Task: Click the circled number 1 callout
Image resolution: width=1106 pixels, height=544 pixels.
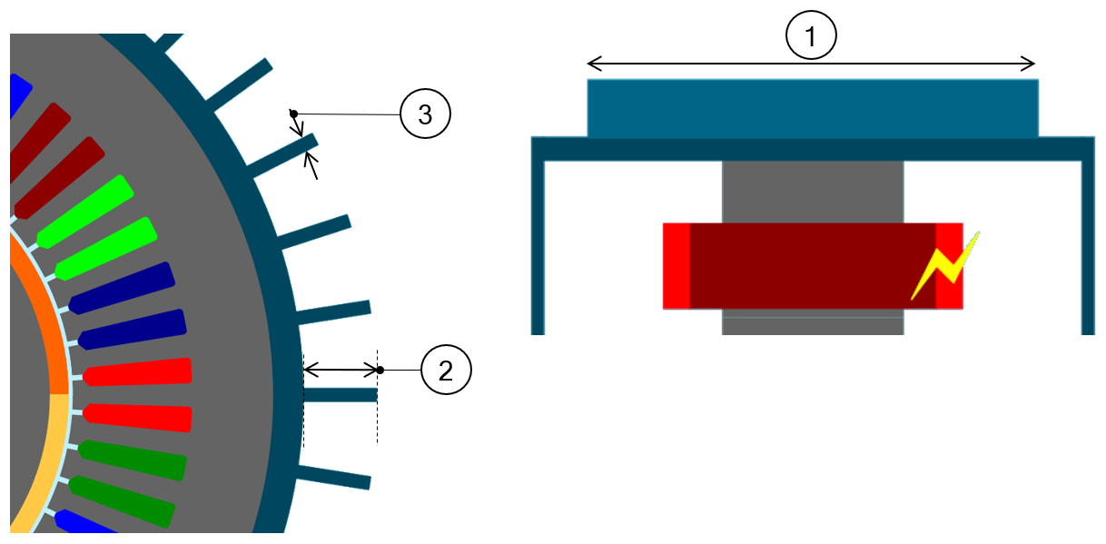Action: click(811, 38)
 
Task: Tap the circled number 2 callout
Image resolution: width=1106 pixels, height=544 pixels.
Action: click(446, 371)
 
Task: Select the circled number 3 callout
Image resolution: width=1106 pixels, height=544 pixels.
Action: click(424, 114)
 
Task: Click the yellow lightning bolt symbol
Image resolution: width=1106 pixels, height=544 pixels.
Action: click(945, 266)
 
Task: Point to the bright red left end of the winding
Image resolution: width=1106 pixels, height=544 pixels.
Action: click(676, 266)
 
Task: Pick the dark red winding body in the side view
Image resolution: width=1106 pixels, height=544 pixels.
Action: click(813, 266)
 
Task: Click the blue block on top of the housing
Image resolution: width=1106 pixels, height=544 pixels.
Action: click(813, 108)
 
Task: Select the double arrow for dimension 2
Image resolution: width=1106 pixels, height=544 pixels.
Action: click(341, 370)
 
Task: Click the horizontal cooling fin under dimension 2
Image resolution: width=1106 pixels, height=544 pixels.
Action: click(341, 395)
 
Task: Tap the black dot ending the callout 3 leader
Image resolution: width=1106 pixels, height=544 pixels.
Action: click(293, 114)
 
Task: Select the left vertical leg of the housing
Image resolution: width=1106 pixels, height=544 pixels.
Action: click(538, 245)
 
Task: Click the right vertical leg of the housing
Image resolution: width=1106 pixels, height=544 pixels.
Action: click(1088, 245)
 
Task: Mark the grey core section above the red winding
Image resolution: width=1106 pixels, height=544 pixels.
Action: click(813, 191)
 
